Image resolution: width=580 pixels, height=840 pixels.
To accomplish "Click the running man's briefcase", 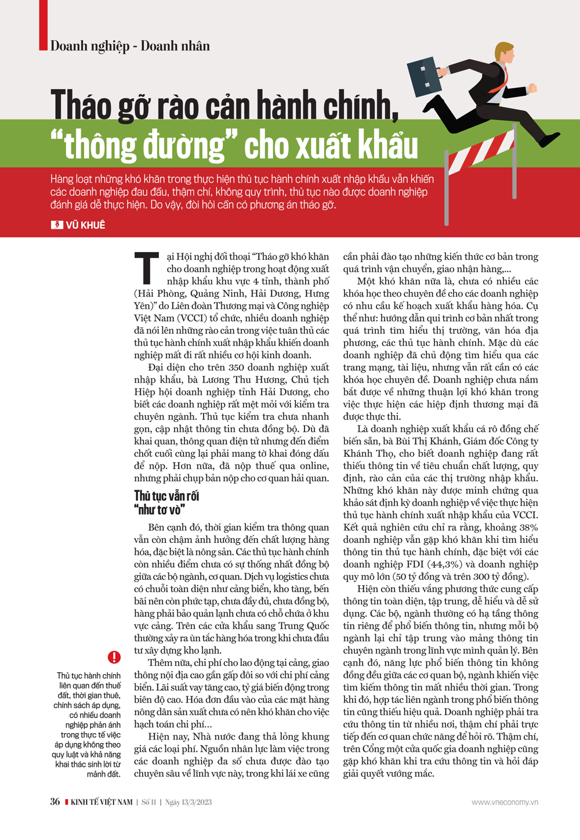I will (x=425, y=77).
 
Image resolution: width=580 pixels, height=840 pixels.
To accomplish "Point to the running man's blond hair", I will (x=503, y=49).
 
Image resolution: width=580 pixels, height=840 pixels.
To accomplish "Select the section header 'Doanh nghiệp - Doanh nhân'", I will (x=130, y=46).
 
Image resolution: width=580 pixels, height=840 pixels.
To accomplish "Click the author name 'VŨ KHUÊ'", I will (x=85, y=225).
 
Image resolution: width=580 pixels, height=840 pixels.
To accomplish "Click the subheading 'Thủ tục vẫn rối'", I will (x=166, y=496).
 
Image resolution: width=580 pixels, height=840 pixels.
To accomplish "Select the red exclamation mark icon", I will (x=114, y=657).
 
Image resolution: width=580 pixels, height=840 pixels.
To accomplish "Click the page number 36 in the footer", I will (x=55, y=802).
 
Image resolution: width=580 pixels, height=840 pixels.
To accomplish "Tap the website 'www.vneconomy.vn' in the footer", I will (x=505, y=802).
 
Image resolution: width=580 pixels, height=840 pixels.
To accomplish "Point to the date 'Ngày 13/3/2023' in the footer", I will (x=188, y=802).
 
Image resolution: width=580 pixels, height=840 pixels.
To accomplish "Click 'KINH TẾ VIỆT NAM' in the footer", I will (x=101, y=802).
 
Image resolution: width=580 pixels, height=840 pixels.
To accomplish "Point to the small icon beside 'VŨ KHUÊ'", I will (x=57, y=225).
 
